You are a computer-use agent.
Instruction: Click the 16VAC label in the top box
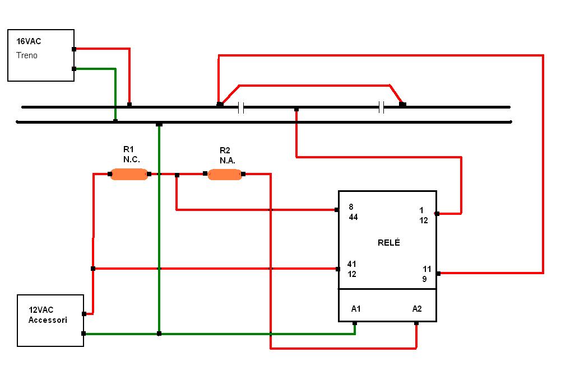tap(29, 41)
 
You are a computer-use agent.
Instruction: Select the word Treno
tap(27, 55)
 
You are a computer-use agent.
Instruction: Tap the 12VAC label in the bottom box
tap(41, 309)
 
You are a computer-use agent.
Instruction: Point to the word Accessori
tap(48, 320)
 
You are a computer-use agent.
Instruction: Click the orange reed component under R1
tap(129, 175)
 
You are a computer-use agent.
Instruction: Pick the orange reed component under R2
tap(225, 175)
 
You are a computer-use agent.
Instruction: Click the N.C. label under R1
tap(132, 159)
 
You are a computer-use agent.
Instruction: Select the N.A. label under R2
tap(228, 161)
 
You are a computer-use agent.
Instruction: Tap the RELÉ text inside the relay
tap(389, 243)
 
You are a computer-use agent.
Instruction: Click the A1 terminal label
tap(356, 308)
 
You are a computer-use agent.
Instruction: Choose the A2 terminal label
tap(417, 308)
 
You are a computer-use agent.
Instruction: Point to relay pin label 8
tap(351, 206)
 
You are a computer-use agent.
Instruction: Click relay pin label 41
tap(352, 264)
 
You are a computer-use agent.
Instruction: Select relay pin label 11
tap(427, 269)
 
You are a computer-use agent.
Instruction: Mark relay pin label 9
tap(424, 279)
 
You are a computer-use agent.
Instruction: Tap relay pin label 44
tap(353, 217)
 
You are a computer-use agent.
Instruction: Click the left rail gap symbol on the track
tap(241, 107)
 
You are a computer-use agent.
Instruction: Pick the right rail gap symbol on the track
tap(381, 107)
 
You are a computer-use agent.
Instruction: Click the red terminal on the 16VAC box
tap(74, 49)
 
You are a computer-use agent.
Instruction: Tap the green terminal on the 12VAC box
tap(84, 333)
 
